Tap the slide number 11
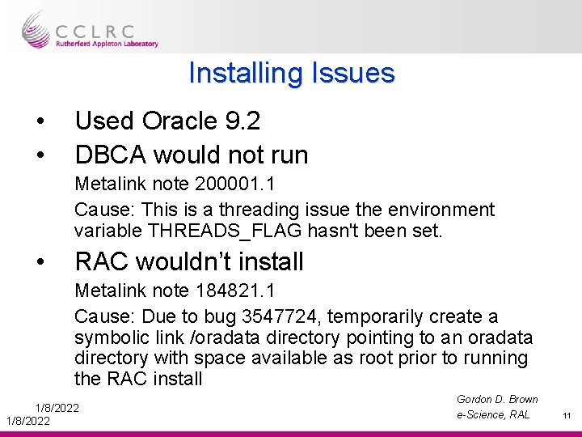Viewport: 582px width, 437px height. [x=567, y=416]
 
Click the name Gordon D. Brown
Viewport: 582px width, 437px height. [x=497, y=399]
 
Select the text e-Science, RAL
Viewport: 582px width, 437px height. [x=493, y=414]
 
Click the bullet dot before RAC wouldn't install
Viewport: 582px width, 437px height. [x=40, y=262]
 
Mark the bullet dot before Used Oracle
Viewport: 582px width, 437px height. [x=40, y=121]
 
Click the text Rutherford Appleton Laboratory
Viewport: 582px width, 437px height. [x=107, y=45]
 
